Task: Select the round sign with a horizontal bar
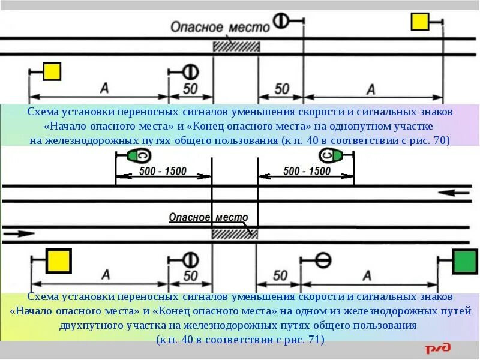[323, 260]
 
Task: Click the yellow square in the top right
[420, 22]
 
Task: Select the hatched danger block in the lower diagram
[234, 235]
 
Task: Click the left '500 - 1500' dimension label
[163, 171]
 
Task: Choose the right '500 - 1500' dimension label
[307, 171]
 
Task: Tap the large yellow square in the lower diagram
[59, 262]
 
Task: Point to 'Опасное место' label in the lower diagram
[212, 218]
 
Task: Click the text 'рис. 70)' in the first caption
[430, 140]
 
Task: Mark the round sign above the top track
[280, 20]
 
